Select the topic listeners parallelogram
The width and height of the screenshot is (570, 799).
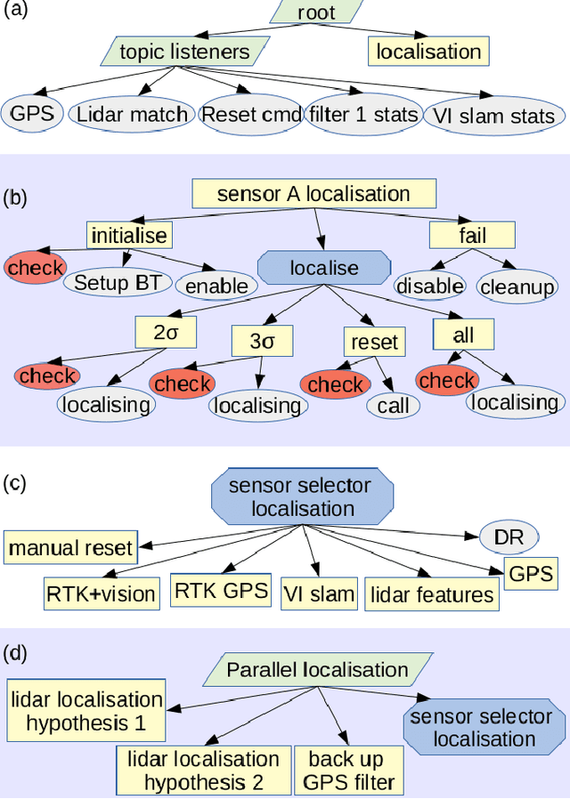(186, 51)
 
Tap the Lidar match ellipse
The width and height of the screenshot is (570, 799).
(133, 114)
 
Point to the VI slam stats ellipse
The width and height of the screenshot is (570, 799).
(493, 116)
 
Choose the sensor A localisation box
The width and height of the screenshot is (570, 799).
(313, 193)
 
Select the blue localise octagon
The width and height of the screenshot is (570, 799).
(324, 267)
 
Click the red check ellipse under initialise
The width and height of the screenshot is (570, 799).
(36, 267)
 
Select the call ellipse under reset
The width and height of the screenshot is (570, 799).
(393, 406)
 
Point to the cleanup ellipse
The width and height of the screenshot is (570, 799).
(517, 287)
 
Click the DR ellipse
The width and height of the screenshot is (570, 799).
(509, 537)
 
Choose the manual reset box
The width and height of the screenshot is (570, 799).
(70, 547)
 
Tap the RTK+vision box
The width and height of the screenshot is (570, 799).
(101, 593)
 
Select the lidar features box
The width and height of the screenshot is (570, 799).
(432, 594)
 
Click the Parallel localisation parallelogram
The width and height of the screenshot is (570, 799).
(317, 669)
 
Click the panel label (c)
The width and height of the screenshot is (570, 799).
(16, 483)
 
